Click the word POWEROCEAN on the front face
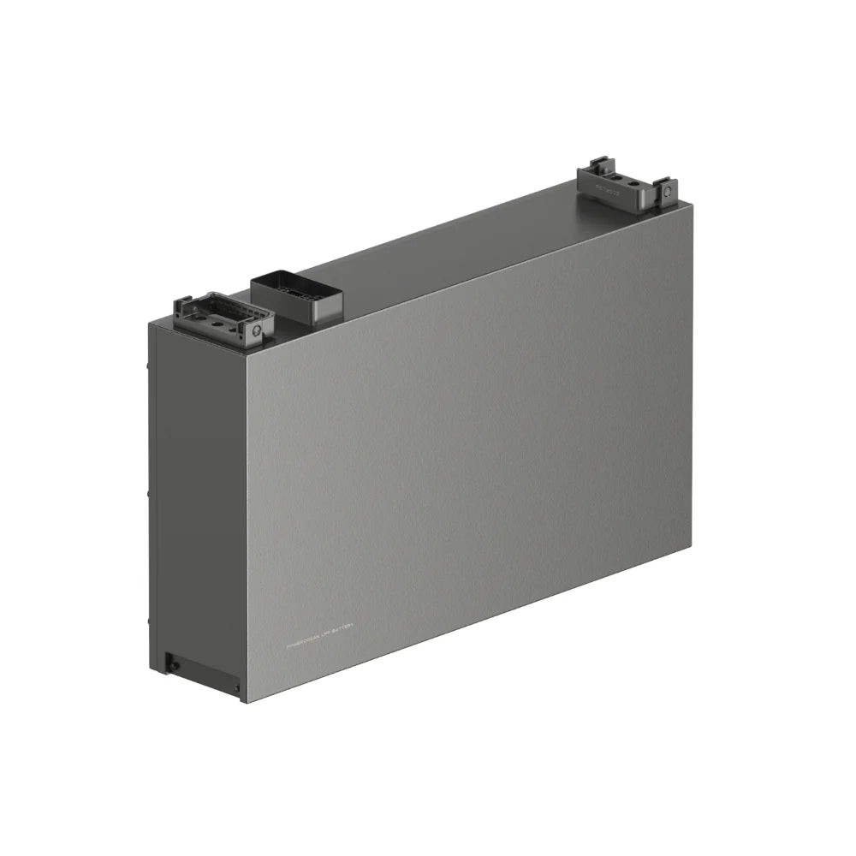click(x=306, y=645)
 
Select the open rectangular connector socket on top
click(x=295, y=291)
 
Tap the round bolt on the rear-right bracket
click(x=667, y=194)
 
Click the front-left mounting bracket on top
click(x=223, y=317)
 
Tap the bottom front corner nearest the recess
click(x=242, y=702)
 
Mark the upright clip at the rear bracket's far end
click(x=663, y=185)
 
